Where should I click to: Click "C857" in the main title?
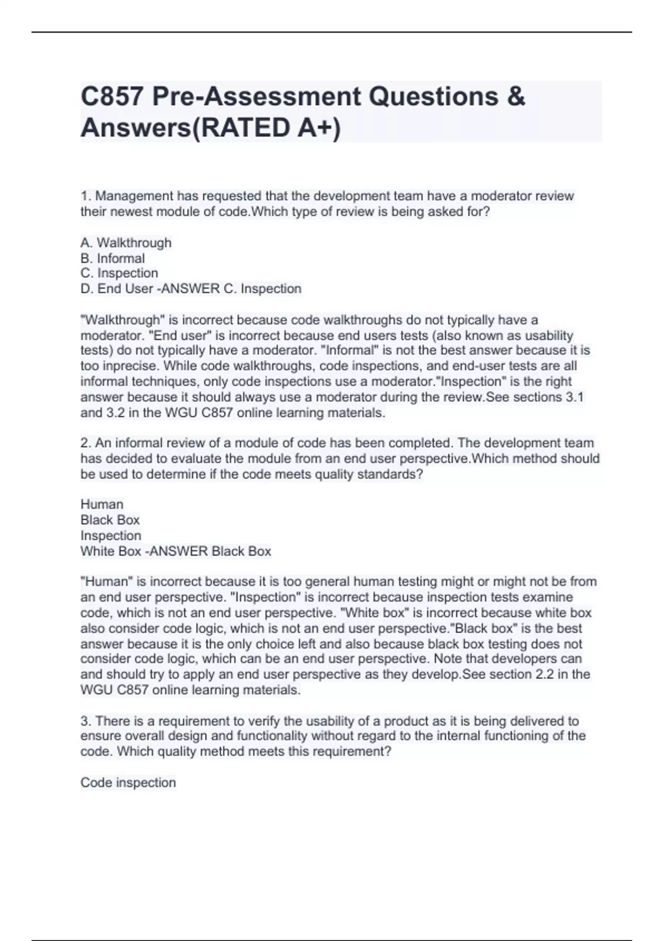pos(112,97)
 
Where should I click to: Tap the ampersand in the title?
pos(515,97)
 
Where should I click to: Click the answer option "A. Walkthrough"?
pos(126,243)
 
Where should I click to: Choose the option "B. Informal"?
pos(113,258)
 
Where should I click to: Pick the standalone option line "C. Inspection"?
pos(120,273)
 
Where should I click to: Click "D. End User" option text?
pos(117,289)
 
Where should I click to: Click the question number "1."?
pos(86,196)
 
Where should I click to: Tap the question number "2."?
pos(86,443)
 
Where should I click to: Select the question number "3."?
pos(86,721)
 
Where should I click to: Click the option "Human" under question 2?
pos(102,504)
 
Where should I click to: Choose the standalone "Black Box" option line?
pos(110,520)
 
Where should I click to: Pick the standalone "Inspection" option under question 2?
pos(111,536)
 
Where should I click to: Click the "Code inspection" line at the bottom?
pos(128,783)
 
